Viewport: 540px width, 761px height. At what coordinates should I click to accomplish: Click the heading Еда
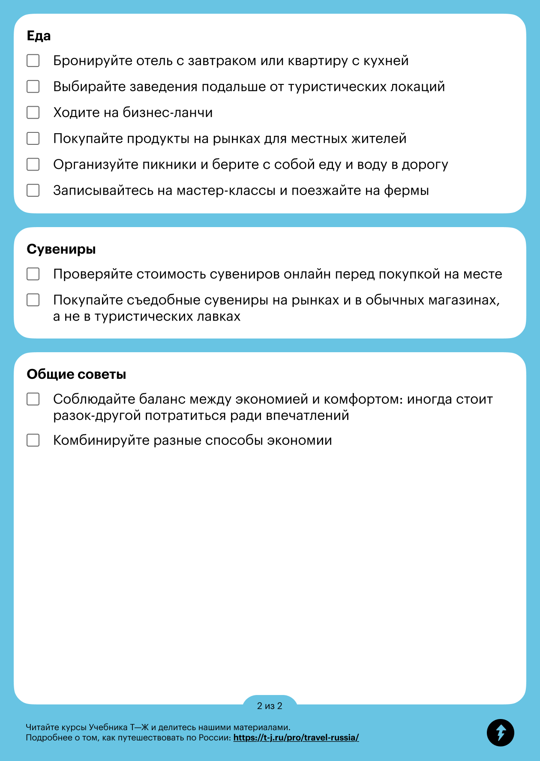pyautogui.click(x=39, y=36)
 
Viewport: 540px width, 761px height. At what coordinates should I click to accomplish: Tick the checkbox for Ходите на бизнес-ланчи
pyautogui.click(x=33, y=113)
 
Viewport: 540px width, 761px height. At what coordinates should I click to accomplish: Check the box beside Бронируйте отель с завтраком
pyautogui.click(x=33, y=61)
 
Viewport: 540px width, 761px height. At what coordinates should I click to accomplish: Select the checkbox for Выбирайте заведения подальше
pyautogui.click(x=33, y=87)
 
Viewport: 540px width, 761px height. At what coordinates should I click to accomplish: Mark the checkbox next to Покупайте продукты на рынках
pyautogui.click(x=33, y=138)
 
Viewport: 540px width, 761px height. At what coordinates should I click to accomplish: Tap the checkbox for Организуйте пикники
pyautogui.click(x=33, y=165)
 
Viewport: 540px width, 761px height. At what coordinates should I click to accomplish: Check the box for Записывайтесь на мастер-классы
pyautogui.click(x=33, y=190)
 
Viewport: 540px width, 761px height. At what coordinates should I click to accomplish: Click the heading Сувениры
pyautogui.click(x=61, y=249)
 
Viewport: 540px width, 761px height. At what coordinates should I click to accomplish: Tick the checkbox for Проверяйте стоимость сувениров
pyautogui.click(x=33, y=274)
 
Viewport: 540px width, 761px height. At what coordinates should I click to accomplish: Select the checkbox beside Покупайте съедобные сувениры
pyautogui.click(x=33, y=300)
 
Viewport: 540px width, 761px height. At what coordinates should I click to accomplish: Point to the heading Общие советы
pyautogui.click(x=76, y=375)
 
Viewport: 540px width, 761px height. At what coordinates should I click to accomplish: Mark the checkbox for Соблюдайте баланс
pyautogui.click(x=33, y=399)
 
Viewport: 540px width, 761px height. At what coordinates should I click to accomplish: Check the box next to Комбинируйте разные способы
pyautogui.click(x=33, y=440)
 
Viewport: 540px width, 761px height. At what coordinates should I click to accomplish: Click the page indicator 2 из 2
pyautogui.click(x=270, y=706)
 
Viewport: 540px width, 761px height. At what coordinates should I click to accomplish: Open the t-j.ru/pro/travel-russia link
pyautogui.click(x=296, y=738)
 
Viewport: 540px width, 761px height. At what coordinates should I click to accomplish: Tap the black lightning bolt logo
pyautogui.click(x=500, y=733)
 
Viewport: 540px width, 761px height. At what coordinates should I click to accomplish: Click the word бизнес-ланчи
pyautogui.click(x=168, y=113)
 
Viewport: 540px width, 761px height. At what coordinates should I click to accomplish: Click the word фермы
pyautogui.click(x=406, y=191)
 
